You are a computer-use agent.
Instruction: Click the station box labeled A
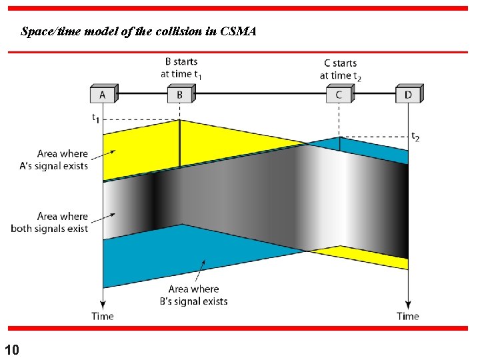(x=103, y=95)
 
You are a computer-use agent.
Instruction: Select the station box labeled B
(x=179, y=95)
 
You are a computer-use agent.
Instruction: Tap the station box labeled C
(x=339, y=95)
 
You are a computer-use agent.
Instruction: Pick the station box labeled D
(x=407, y=95)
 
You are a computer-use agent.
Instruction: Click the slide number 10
(x=11, y=349)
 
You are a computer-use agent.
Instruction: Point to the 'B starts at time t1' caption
(x=181, y=68)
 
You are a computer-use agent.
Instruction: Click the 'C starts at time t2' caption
(x=340, y=69)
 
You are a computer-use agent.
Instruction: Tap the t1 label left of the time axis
(x=95, y=119)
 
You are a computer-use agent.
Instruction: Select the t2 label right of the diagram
(x=415, y=137)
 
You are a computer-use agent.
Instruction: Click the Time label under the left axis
(x=103, y=316)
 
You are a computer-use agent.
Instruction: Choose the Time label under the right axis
(x=407, y=316)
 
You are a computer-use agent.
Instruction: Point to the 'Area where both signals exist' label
(x=49, y=222)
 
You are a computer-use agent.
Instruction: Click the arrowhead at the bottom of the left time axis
(x=103, y=304)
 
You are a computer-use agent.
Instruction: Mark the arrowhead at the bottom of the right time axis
(x=407, y=304)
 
